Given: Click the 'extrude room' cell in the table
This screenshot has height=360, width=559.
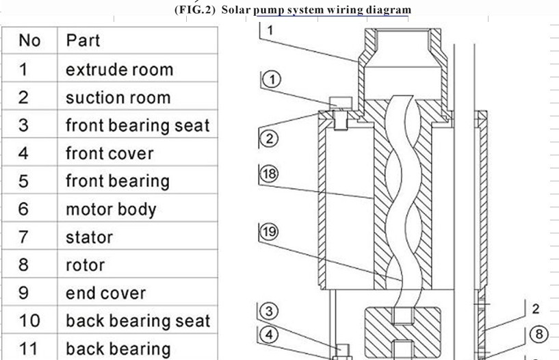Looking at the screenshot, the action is pos(120,70).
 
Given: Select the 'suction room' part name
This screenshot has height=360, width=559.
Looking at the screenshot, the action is pos(118,98).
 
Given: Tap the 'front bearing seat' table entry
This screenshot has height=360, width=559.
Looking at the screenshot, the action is pos(138,126).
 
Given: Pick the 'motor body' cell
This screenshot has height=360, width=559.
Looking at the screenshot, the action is pos(111,209).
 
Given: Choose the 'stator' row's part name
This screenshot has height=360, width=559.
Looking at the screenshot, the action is pos(89,237).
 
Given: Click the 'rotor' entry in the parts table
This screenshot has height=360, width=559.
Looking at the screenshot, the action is pos(86,265).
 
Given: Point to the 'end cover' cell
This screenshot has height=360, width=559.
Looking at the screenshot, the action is pos(106,293).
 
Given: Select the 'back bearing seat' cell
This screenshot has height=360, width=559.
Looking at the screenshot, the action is pos(138,321).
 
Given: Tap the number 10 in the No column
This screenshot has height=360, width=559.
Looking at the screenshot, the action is pos(29,321).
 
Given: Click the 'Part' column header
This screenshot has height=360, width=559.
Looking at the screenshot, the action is pos(83,40).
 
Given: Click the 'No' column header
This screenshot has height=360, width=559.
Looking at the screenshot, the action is pos(29,40).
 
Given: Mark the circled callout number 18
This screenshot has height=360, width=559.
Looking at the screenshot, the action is pos(269,174).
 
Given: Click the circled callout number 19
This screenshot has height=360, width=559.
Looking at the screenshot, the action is pos(269,232).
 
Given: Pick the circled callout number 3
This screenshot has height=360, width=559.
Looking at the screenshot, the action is pos(269,311).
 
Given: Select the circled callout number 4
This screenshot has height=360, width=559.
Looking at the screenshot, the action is pos(269,335).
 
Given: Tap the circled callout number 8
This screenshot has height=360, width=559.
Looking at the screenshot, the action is pos(539,335).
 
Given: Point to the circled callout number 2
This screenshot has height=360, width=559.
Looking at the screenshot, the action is pos(269,138).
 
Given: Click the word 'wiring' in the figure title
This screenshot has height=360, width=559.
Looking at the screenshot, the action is pos(345,10).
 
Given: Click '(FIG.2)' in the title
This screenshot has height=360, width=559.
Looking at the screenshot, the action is pos(195,10).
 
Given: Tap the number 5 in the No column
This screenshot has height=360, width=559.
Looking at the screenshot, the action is pos(23,181).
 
